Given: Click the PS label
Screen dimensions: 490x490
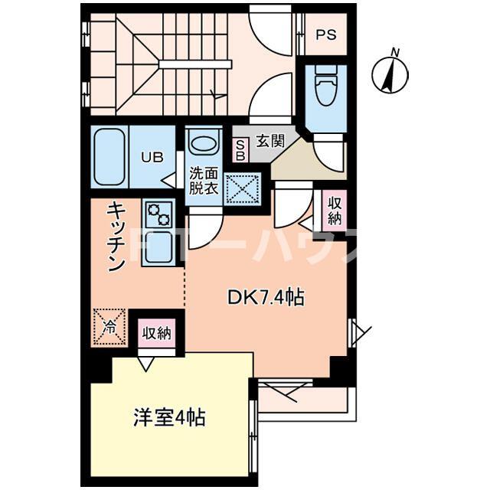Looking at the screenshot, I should [x=326, y=34].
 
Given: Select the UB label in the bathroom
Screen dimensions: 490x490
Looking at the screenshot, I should [x=151, y=158].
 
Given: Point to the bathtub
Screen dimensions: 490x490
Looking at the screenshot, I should [x=110, y=156].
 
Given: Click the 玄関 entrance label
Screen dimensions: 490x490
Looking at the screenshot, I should [x=270, y=141].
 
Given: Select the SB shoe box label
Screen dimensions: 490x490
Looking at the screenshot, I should [x=240, y=149].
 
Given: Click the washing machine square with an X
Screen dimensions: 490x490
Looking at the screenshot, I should [x=243, y=188].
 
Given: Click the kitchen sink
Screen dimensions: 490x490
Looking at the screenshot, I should [x=159, y=247].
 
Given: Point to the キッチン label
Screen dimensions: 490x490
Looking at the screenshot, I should [x=115, y=237].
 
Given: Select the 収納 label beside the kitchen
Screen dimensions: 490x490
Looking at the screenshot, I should [x=157, y=333].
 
